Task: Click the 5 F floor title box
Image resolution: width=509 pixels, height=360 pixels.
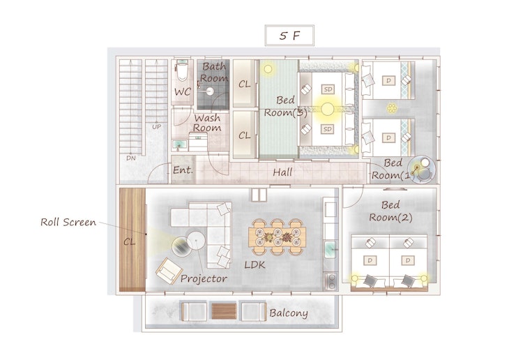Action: (x=289, y=36)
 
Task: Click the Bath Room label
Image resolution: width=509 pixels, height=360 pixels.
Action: (x=213, y=72)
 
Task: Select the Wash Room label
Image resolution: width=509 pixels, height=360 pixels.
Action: (x=207, y=123)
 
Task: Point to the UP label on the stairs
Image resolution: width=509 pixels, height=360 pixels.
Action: (x=156, y=127)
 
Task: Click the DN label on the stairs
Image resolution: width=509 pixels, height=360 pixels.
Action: (x=131, y=158)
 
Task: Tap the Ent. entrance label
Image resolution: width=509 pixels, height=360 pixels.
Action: (x=183, y=170)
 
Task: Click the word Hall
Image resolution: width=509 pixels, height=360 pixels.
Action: (x=282, y=172)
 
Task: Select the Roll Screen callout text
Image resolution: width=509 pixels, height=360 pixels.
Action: (x=68, y=223)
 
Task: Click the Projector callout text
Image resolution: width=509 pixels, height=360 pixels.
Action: (x=204, y=279)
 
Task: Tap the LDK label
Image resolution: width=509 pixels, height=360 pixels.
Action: (x=254, y=265)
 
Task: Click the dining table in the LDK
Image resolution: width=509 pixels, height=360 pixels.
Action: (x=278, y=237)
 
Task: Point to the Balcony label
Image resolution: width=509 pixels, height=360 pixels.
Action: (x=289, y=313)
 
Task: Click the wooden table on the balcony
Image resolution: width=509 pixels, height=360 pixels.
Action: (x=224, y=311)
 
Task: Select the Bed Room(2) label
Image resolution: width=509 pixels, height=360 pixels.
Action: (x=390, y=211)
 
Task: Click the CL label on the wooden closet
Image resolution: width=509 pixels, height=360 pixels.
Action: (x=129, y=241)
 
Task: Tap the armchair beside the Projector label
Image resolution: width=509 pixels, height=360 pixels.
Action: (x=169, y=271)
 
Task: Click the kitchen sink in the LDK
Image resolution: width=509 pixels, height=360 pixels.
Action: (x=330, y=250)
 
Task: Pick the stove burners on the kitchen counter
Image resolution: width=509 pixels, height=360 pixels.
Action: (x=331, y=281)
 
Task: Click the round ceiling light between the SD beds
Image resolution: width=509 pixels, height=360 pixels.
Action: (x=328, y=109)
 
